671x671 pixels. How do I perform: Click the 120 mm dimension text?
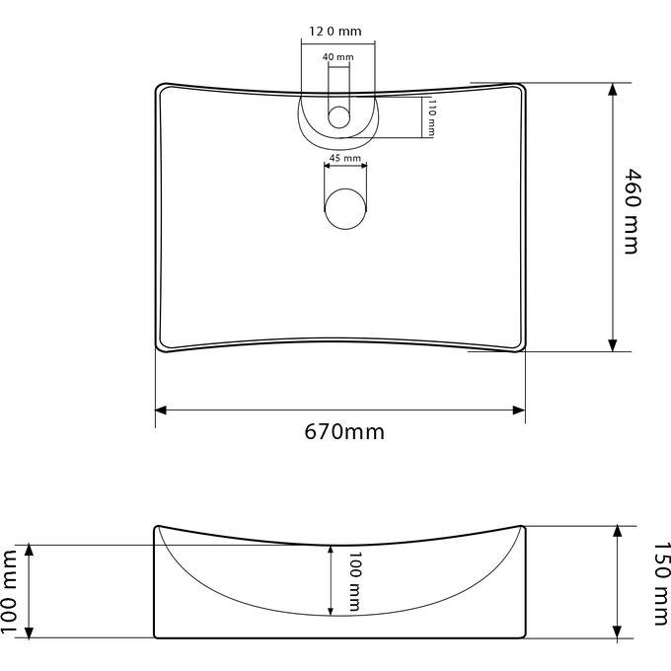[335, 32]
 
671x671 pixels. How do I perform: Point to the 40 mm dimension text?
[337, 58]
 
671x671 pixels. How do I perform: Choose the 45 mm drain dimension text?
[344, 158]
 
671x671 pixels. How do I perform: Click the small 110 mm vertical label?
[431, 118]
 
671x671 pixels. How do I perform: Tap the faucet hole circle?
[338, 116]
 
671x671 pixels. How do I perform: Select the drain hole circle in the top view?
[345, 208]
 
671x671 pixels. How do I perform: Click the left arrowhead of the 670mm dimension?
[161, 410]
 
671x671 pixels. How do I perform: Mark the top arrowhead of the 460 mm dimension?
[614, 89]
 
